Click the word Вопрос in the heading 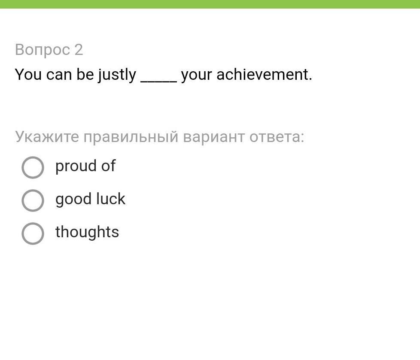pos(43,50)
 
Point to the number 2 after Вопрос pos(79,50)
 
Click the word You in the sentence pos(28,74)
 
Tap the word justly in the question pos(117,75)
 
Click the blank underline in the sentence pos(158,82)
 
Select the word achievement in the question pos(264,74)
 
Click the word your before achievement pos(196,76)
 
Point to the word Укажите pos(47,137)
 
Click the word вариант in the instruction pos(214,138)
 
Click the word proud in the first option pos(76,166)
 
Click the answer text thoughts pos(87,232)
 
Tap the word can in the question pos(59,75)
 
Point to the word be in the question pos(85,74)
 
